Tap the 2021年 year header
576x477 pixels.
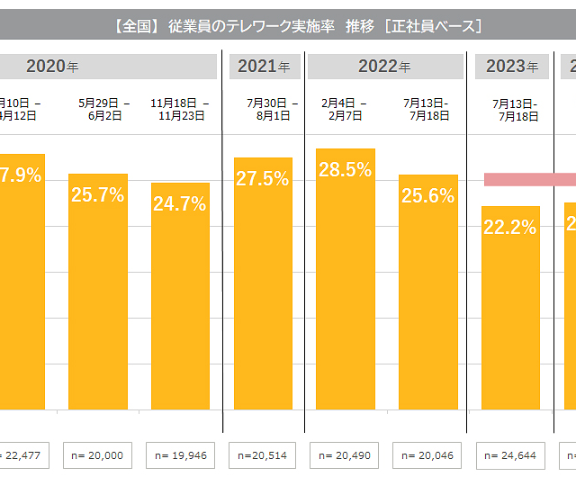(264, 67)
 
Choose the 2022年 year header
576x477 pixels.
(384, 67)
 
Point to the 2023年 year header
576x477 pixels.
(511, 67)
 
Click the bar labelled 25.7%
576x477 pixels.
(98, 292)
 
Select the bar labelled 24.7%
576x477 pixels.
(180, 297)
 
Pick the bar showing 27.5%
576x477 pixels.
(263, 283)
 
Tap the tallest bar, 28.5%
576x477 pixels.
(346, 279)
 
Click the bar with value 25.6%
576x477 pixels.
(428, 292)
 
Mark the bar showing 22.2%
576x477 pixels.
(510, 308)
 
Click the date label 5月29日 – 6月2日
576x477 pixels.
(98, 109)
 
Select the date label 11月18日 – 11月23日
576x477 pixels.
(180, 109)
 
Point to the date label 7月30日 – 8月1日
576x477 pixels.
(263, 109)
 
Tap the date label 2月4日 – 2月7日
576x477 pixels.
(346, 109)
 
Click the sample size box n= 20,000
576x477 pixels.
(98, 455)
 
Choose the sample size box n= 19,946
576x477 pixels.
(180, 455)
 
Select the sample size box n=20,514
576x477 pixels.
(264, 455)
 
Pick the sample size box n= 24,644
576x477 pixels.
(511, 455)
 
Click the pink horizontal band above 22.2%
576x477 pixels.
(529, 179)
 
